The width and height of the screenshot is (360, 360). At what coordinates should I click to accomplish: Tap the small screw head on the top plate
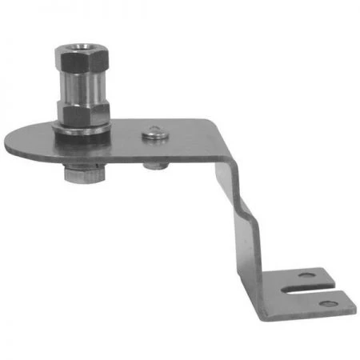pyautogui.click(x=154, y=132)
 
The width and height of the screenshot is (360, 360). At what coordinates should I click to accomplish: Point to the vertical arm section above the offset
pyautogui.click(x=227, y=172)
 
